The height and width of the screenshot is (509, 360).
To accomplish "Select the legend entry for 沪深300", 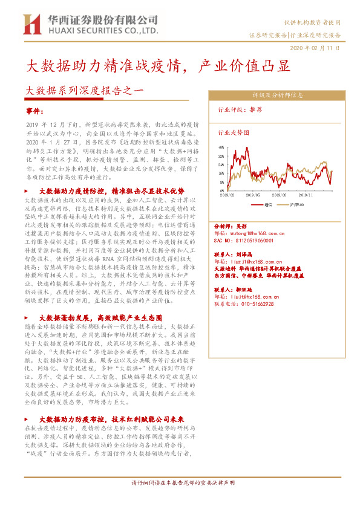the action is tap(299, 205).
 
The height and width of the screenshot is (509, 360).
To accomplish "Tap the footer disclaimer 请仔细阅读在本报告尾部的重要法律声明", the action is tap(183, 484).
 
